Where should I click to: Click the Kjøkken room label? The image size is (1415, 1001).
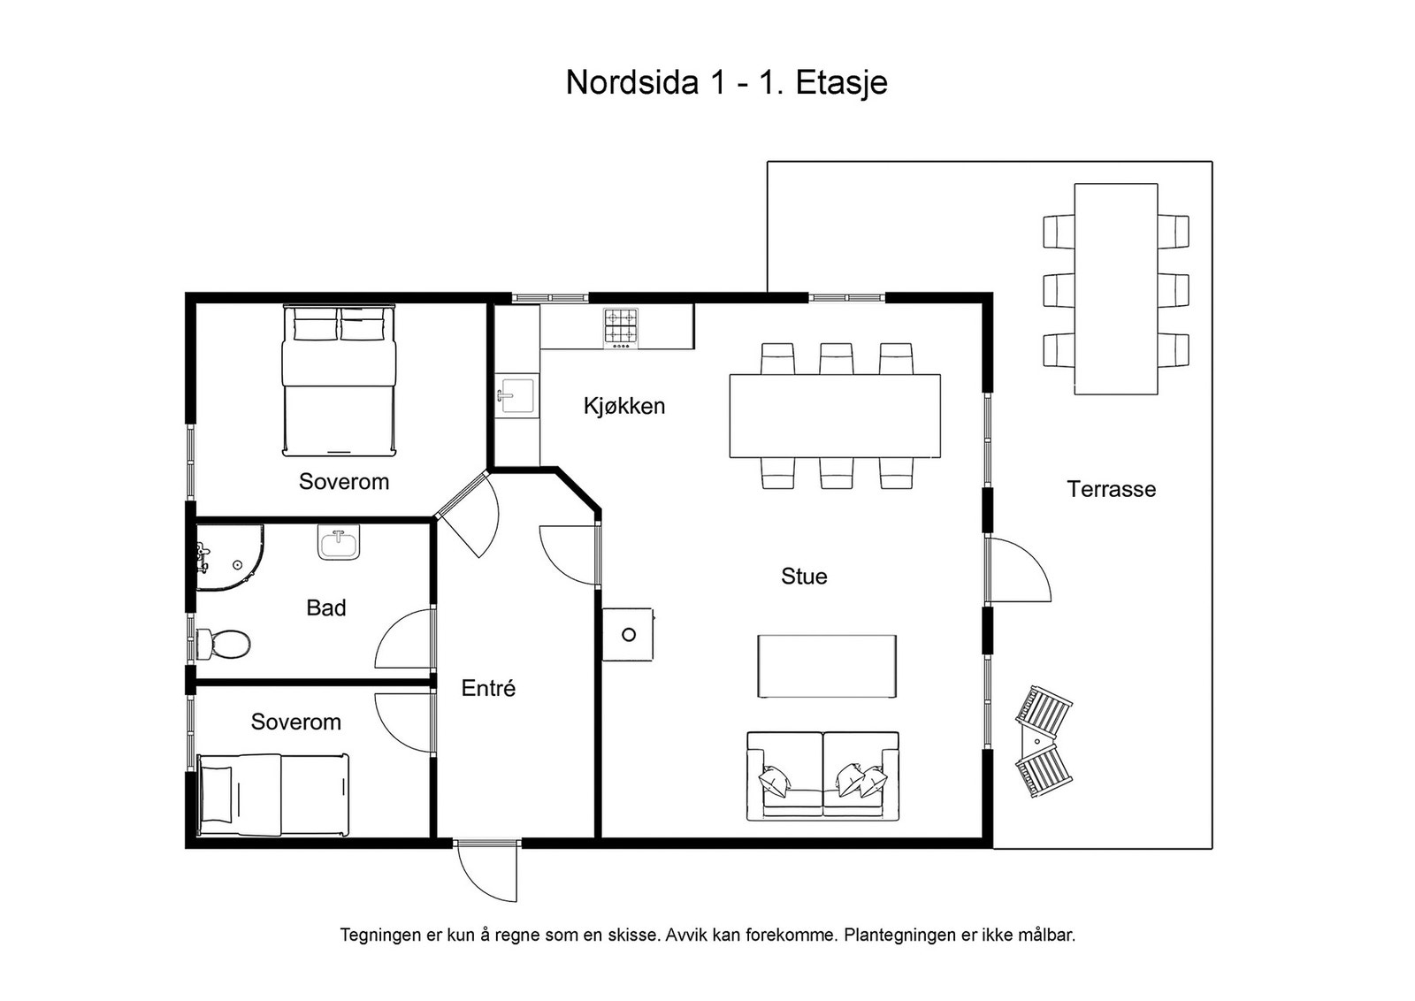click(624, 406)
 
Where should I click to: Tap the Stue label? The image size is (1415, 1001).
click(804, 576)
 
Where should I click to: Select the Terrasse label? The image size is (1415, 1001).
click(1111, 489)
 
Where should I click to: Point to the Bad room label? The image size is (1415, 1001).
click(326, 607)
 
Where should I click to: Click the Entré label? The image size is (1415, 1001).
click(488, 688)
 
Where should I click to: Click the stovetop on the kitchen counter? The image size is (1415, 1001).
click(621, 328)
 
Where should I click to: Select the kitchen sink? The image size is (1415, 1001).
click(516, 394)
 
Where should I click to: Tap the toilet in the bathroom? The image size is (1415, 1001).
click(223, 644)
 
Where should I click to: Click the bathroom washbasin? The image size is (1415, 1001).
click(339, 542)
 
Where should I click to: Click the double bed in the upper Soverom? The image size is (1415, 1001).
click(340, 380)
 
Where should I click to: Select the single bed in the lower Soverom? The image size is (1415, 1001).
click(273, 794)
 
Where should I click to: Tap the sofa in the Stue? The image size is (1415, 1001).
click(823, 776)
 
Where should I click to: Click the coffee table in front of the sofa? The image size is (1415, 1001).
click(827, 666)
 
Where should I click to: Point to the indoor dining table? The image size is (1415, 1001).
click(835, 416)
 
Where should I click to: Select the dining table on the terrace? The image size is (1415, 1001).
click(1116, 289)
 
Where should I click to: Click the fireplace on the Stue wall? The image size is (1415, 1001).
click(628, 634)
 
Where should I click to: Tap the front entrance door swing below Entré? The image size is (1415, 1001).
click(487, 872)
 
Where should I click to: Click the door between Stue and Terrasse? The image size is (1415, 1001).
click(1018, 569)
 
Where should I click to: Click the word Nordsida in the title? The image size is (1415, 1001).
click(632, 83)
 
